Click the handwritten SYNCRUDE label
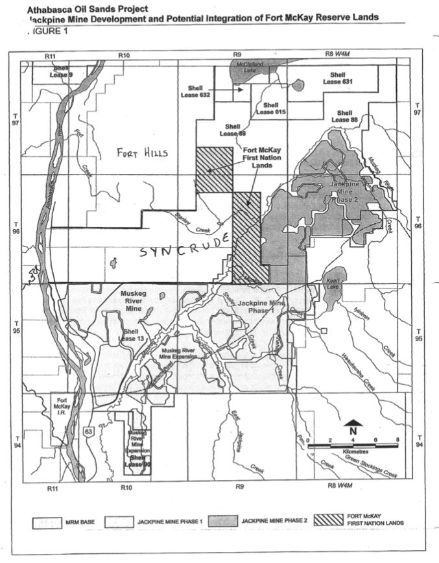coord(185,245)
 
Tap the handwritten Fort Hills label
coord(142,153)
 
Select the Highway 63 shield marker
coord(105,429)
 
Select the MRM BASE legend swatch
coord(50,521)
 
